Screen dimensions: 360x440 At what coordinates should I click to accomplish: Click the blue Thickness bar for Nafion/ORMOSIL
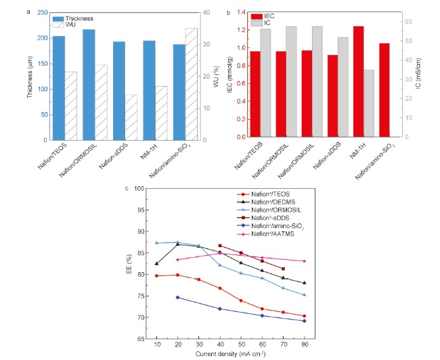[x=89, y=85]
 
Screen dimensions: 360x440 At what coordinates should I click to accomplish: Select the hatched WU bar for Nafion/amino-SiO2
[x=192, y=84]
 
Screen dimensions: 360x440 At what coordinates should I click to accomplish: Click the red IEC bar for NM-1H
[x=358, y=81]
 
